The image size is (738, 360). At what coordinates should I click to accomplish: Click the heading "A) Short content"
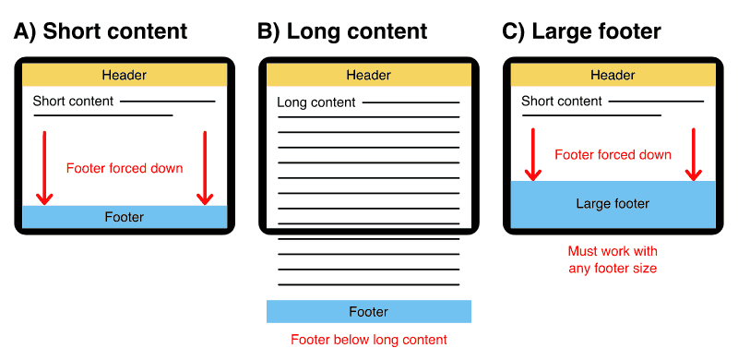[101, 31]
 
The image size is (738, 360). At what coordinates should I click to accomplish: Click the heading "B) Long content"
[342, 31]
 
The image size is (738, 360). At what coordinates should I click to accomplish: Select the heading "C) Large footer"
[581, 31]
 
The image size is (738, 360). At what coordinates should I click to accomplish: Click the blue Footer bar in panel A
[125, 217]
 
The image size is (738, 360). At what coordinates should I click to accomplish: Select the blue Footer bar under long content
[369, 311]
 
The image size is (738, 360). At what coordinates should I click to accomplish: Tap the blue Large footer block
[613, 204]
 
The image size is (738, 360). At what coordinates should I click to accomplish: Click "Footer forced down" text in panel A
[125, 169]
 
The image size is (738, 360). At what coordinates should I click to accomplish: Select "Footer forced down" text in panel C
[613, 154]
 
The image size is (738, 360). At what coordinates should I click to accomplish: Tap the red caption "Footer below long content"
[369, 340]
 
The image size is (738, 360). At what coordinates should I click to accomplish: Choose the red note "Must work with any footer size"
[613, 259]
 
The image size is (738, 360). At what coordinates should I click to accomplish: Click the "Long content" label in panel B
[316, 102]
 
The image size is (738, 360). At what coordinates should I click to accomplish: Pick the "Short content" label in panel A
[73, 101]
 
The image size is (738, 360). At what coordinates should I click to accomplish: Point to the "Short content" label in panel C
[562, 101]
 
